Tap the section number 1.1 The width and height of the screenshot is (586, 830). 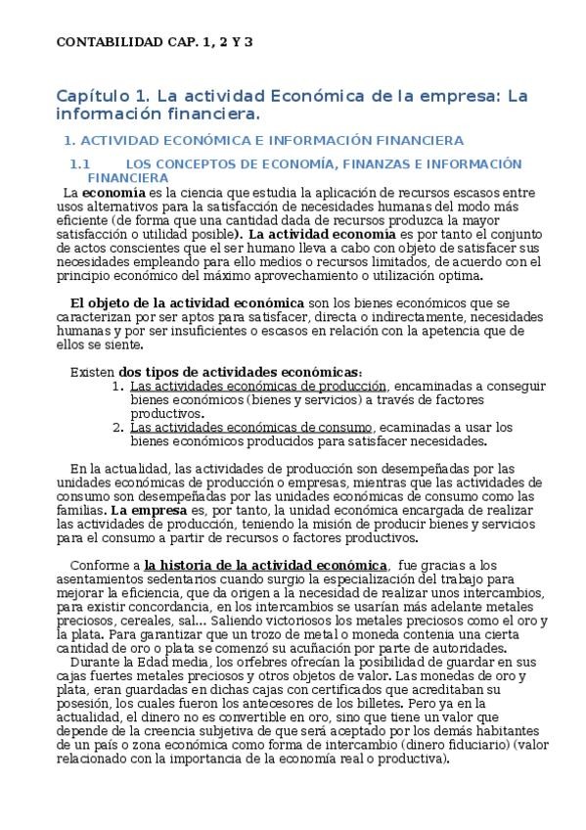coord(79,164)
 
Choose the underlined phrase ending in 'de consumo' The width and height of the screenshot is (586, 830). coord(250,428)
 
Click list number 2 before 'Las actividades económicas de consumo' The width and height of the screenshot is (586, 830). coord(117,428)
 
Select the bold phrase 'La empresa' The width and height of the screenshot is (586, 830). coord(145,510)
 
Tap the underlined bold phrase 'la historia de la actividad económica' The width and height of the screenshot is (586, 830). coord(265,565)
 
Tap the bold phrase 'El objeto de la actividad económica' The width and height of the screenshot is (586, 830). coord(188,304)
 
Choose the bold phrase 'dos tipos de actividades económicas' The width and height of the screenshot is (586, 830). coord(240,373)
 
